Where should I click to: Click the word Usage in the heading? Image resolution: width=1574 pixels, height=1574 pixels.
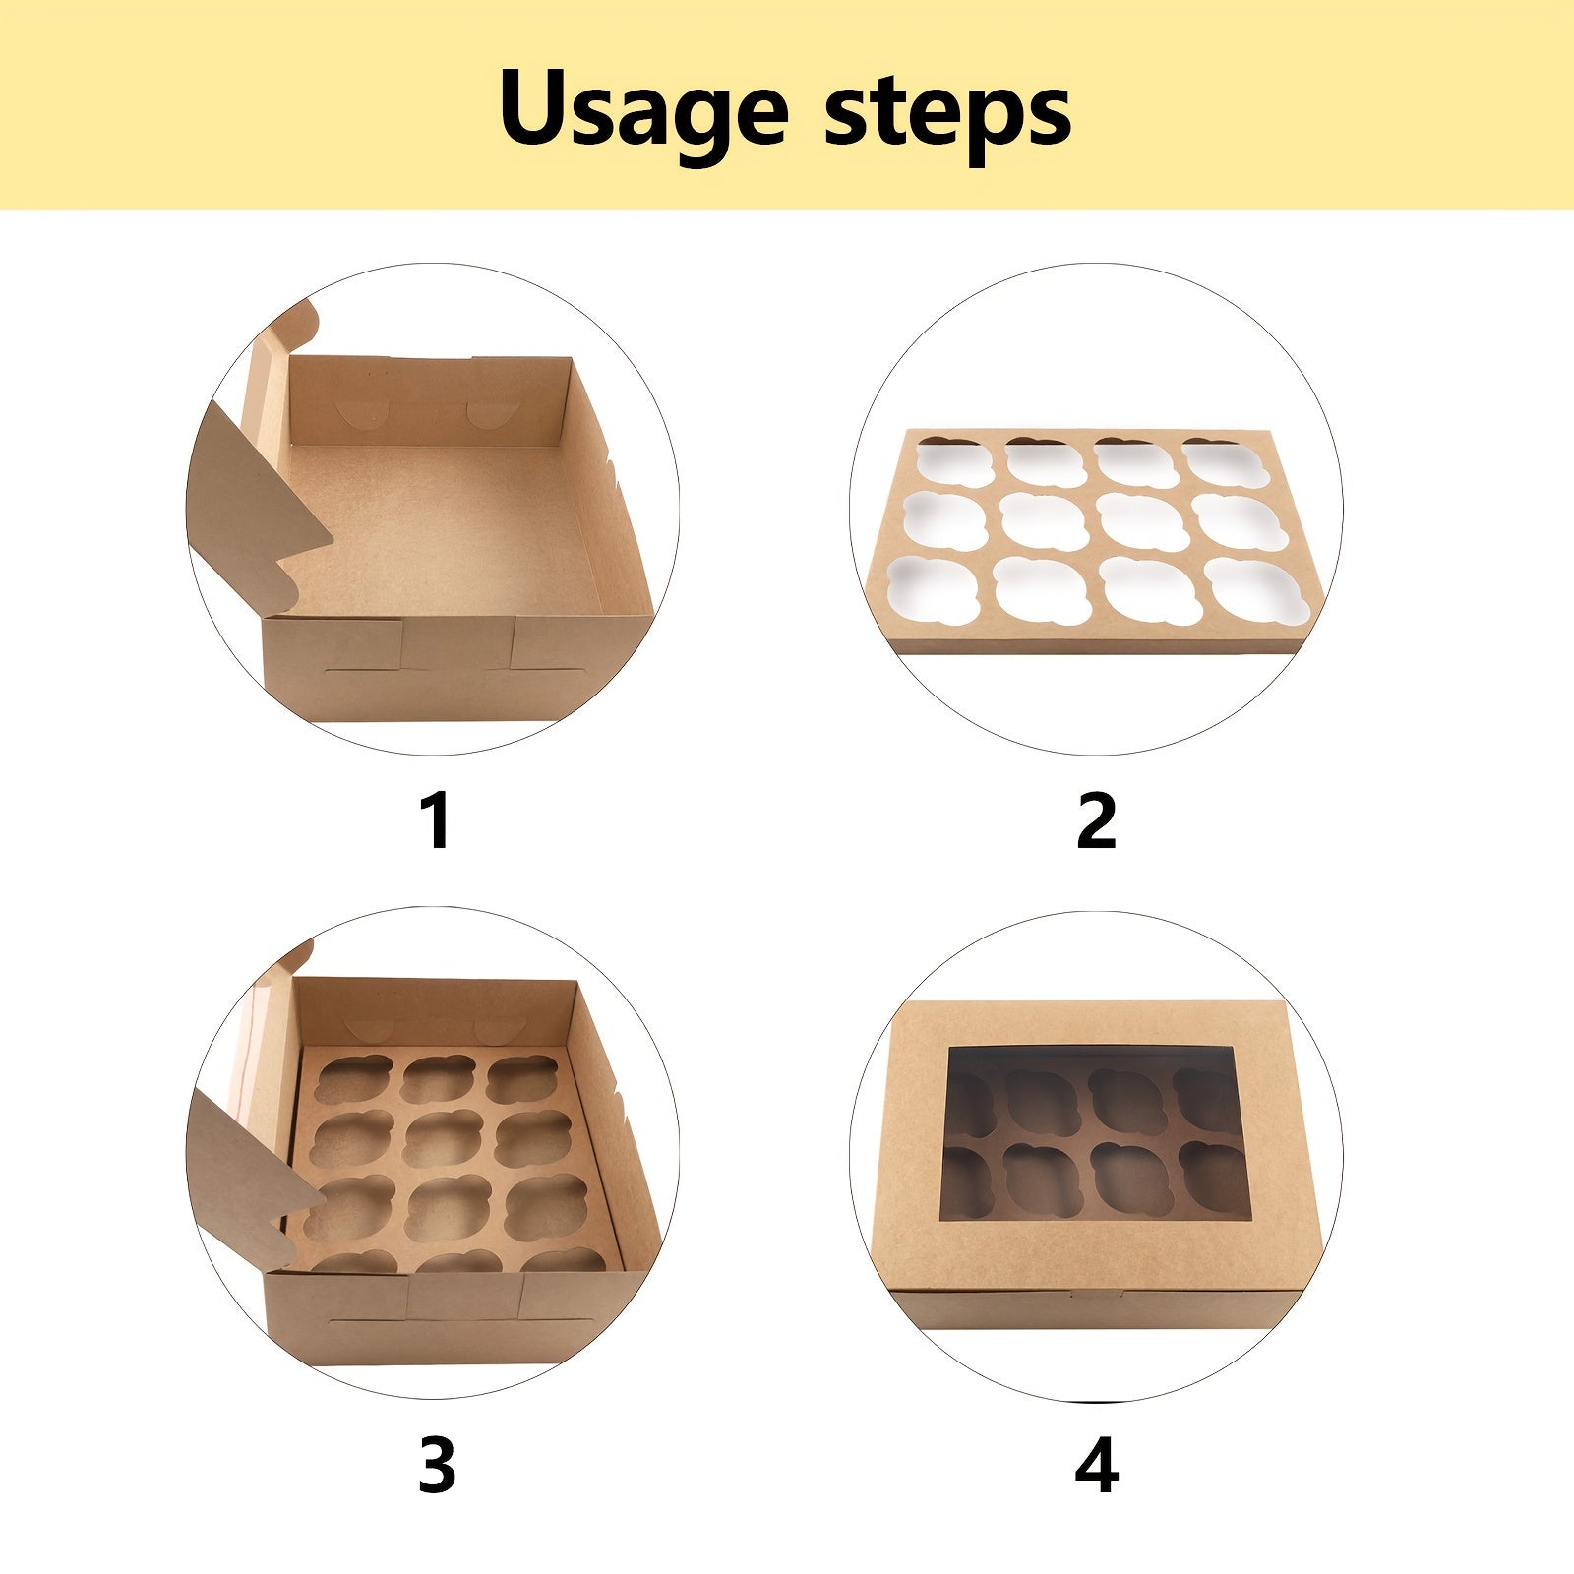click(x=644, y=111)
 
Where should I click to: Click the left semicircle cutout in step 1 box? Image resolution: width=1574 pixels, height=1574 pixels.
click(x=357, y=414)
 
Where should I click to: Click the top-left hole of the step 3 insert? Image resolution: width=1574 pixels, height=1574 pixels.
click(x=354, y=1080)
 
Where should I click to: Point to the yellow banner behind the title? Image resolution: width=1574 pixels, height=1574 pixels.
click(x=787, y=104)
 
